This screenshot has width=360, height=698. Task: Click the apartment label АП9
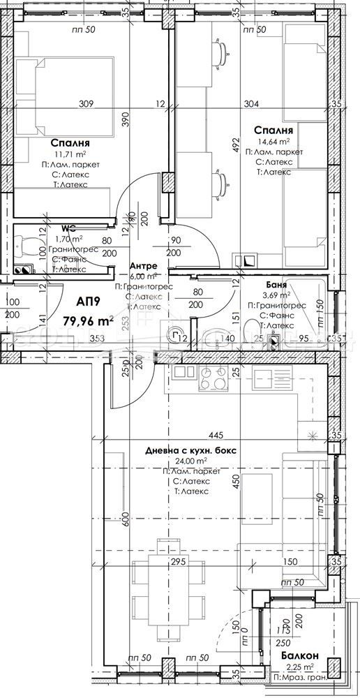point(89,302)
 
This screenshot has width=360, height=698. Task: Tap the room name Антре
point(144,267)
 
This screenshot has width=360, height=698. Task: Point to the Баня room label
point(278,285)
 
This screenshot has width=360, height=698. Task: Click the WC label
point(68,228)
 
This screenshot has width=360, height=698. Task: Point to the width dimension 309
point(86,105)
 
